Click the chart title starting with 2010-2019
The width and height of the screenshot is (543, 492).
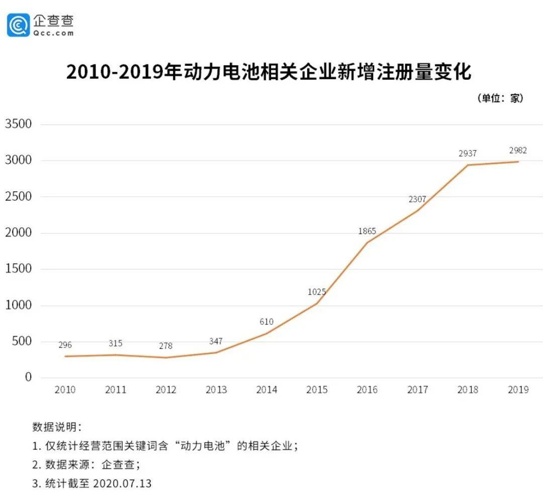269,72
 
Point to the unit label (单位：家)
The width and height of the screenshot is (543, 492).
500,98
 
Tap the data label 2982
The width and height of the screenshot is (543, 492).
518,151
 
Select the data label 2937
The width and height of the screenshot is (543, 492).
468,154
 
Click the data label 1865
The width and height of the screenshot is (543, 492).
367,231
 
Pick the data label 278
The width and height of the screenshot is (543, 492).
165,346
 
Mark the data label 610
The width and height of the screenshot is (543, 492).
266,322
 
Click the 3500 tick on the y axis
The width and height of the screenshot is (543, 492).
18,124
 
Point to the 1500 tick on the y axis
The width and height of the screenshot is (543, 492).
18,269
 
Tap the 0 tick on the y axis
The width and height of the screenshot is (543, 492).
28,377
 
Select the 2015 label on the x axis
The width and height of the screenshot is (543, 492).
317,390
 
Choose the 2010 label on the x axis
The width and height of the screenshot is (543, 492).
65,390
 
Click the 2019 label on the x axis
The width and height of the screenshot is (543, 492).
518,390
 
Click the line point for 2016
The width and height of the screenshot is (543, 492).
367,242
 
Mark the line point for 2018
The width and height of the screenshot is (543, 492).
468,165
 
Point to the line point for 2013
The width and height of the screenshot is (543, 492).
216,352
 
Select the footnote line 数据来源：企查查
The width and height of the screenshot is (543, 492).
85,464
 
